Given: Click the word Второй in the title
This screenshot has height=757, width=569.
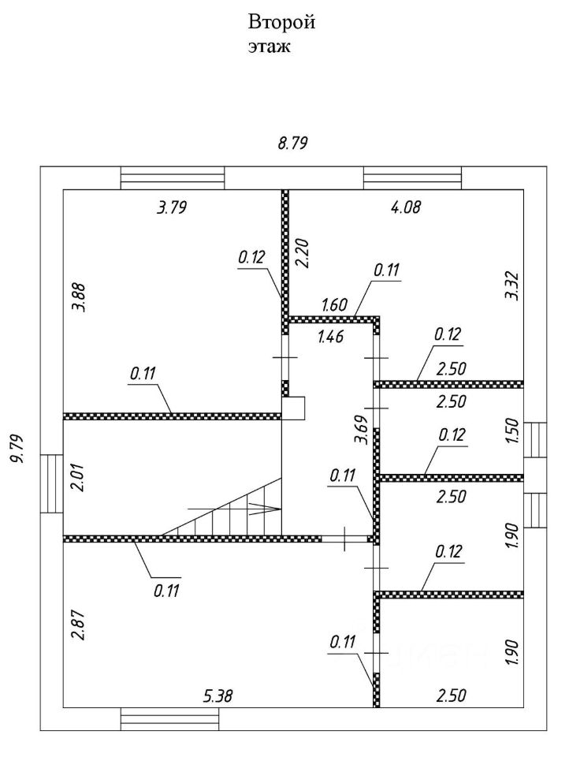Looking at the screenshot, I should pos(282,22).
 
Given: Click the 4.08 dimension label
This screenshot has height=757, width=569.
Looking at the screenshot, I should pos(406,208).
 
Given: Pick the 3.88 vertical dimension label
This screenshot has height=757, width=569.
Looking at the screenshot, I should pos(79,300).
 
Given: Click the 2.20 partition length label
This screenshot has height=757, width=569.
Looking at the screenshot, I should pos(300,253).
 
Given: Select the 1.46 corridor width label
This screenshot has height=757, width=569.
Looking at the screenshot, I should pos(331,338).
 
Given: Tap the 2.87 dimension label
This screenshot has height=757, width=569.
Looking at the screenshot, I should pos(77,624).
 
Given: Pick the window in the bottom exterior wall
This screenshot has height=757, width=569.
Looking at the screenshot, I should pos(169,719).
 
